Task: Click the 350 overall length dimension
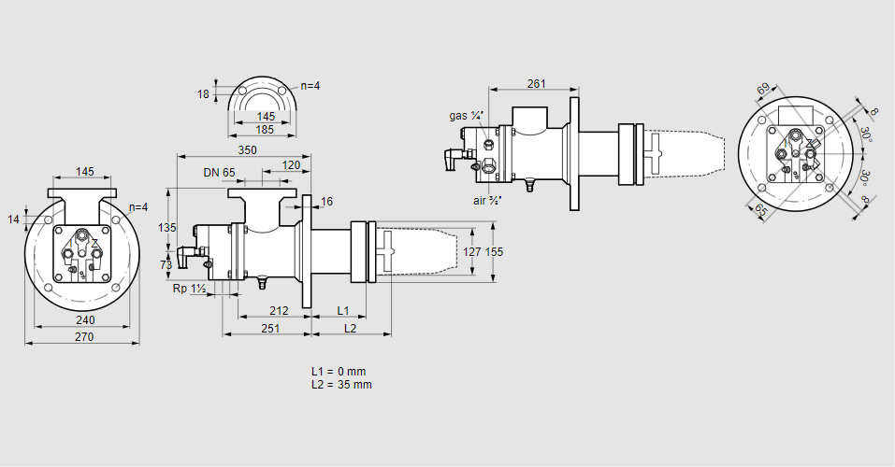tap(247, 150)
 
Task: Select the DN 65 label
tap(219, 173)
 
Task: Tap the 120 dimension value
tap(291, 165)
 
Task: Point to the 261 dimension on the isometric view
tap(536, 84)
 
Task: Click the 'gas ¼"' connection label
tap(466, 116)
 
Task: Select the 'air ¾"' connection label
tap(488, 199)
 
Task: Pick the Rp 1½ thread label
tap(189, 289)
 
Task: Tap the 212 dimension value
tap(278, 309)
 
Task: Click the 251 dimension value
tap(270, 328)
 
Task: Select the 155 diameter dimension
tap(495, 251)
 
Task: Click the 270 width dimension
tap(83, 337)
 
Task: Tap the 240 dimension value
tap(83, 320)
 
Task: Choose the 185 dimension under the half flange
tap(265, 130)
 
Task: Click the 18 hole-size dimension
tap(204, 93)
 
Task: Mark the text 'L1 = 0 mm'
tap(339, 372)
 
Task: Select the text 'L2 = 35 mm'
tap(341, 385)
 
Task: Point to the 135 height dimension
tap(167, 228)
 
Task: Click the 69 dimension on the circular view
tap(763, 90)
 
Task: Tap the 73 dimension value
tap(167, 265)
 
